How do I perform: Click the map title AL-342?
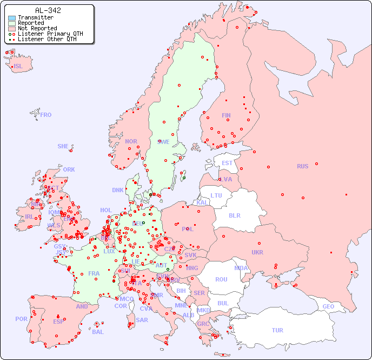[48, 10]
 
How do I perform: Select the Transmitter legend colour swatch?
[12, 17]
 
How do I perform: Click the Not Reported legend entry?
[37, 28]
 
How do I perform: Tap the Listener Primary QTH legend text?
[50, 34]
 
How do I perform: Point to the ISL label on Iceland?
[18, 67]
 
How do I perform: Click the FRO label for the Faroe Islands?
[46, 115]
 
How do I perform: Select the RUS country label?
[302, 166]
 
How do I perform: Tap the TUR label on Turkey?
[277, 330]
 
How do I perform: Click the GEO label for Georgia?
[328, 306]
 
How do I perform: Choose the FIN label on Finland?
[226, 115]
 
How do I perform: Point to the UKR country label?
[257, 252]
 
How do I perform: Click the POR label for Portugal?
[21, 319]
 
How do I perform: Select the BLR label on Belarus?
[235, 215]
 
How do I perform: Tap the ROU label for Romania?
[221, 279]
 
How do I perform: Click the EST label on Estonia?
[227, 163]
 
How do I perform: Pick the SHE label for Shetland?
[63, 146]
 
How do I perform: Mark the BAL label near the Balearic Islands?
[98, 332]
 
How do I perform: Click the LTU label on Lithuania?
[216, 195]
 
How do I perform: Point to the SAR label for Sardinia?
[142, 319]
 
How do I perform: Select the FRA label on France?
[94, 273]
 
